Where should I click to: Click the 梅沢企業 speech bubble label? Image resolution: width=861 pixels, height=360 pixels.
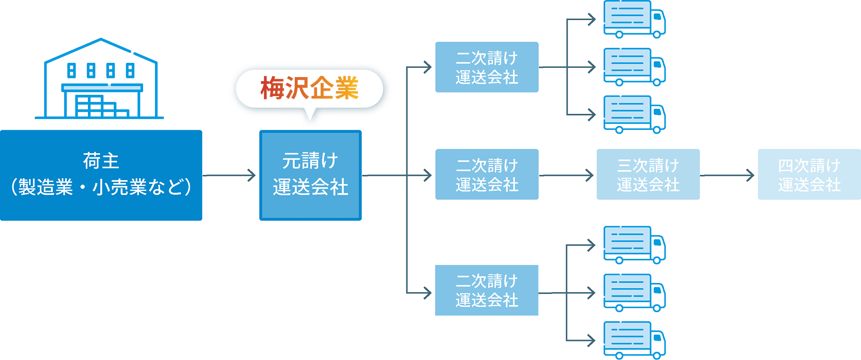[x=310, y=88]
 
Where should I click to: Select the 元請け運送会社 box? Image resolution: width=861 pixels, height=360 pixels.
[x=310, y=175]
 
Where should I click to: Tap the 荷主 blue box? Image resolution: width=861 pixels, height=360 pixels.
[x=101, y=175]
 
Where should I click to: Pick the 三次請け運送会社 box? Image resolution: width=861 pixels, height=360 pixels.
[x=647, y=175]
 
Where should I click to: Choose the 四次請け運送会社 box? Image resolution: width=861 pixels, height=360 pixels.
[x=809, y=175]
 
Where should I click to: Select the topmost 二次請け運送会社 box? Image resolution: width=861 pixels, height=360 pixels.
[x=487, y=67]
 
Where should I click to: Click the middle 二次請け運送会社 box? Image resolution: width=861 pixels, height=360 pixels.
[x=487, y=175]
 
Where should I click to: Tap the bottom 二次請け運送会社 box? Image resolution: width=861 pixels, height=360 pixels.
[x=487, y=290]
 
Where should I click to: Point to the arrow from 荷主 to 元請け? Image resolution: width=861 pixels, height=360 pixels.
[x=230, y=175]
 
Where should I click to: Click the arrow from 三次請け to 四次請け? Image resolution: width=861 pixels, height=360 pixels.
[x=728, y=175]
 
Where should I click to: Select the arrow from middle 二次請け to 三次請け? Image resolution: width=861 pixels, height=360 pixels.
[x=567, y=175]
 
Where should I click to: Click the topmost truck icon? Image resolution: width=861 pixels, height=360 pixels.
[x=634, y=19]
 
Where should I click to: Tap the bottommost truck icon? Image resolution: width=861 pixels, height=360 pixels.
[x=634, y=340]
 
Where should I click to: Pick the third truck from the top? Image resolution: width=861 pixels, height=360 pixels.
[x=634, y=114]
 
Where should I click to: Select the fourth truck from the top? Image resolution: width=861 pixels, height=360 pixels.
[x=634, y=245]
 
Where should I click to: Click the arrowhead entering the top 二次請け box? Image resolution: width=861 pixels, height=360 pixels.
[x=427, y=67]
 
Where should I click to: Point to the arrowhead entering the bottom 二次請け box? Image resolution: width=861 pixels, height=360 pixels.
[x=427, y=293]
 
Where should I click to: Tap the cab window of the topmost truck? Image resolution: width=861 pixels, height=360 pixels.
[x=657, y=16]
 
